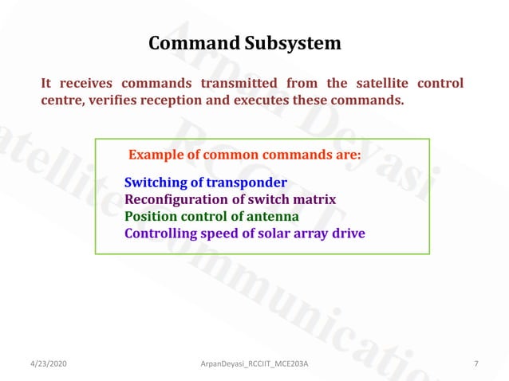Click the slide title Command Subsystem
[245, 43]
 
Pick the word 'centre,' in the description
[64, 101]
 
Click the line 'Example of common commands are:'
[245, 154]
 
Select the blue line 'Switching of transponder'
[205, 183]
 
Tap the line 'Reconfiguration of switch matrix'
[230, 199]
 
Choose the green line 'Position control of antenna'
[211, 216]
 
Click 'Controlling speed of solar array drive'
[244, 234]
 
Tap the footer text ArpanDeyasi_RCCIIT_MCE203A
[254, 364]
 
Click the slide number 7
[476, 364]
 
